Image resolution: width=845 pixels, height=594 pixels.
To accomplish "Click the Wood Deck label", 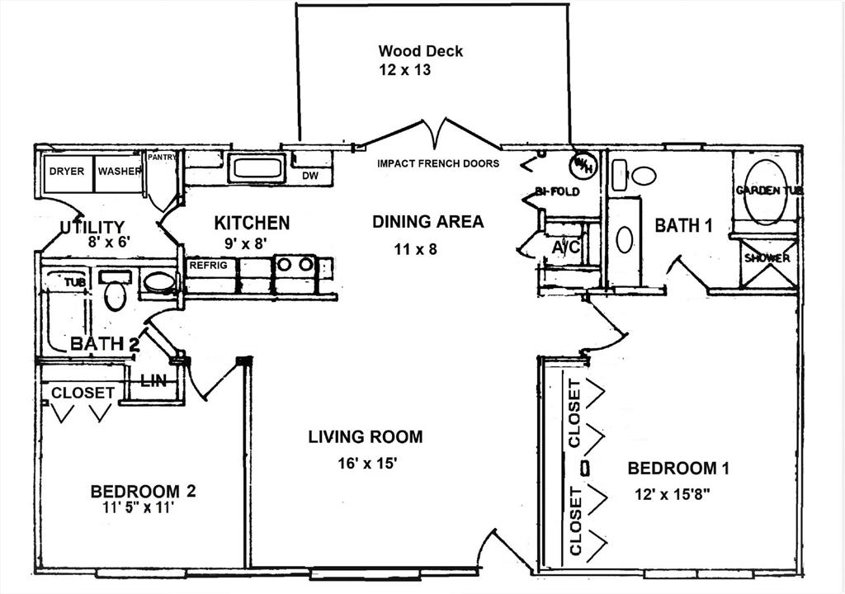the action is (420, 51).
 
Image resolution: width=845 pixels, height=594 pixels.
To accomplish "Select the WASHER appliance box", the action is (120, 173).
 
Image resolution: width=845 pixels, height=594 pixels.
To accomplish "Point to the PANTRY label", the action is (162, 158).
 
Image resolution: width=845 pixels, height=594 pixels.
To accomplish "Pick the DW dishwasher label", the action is (310, 176).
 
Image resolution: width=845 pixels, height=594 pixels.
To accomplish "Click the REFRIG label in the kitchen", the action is (208, 265).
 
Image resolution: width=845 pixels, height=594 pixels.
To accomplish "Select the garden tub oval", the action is (765, 192).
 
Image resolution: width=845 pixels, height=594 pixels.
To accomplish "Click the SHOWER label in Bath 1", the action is (767, 258).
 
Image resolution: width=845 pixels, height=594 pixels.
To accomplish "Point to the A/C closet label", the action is (566, 247).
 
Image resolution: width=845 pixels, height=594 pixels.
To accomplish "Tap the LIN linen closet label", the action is (153, 381).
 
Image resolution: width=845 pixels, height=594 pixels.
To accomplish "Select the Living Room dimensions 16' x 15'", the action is (367, 463).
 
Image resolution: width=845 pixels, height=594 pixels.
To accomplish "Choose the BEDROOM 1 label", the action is (678, 469).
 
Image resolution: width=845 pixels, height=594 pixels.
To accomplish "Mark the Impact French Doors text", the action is (438, 163).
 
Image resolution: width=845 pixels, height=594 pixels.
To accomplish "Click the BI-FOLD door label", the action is (557, 191).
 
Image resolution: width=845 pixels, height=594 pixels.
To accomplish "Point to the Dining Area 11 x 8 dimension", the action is (415, 250).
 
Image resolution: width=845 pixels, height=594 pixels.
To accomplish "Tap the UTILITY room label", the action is (92, 228).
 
